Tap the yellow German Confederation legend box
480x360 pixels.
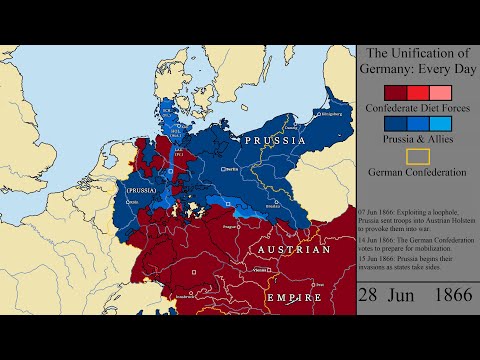[x=418, y=156]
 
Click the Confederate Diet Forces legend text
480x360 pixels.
[x=418, y=106]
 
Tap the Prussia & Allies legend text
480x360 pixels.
[x=418, y=139]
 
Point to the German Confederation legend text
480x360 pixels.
[x=418, y=172]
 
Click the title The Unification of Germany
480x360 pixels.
[x=418, y=61]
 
